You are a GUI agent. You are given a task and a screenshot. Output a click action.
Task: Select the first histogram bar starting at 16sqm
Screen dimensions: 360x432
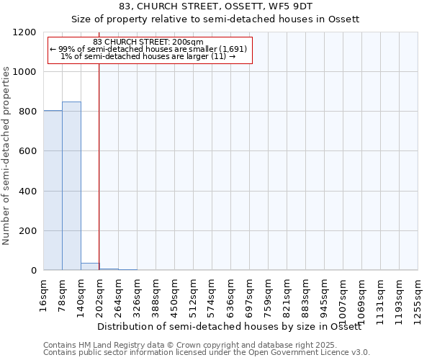click(x=53, y=190)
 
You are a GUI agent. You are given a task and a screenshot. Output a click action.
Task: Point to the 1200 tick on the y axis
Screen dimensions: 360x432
click(x=27, y=32)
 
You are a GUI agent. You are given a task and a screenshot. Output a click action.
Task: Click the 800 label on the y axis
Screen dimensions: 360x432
click(x=30, y=112)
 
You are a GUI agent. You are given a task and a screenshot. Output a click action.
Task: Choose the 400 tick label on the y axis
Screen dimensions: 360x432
click(x=30, y=192)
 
